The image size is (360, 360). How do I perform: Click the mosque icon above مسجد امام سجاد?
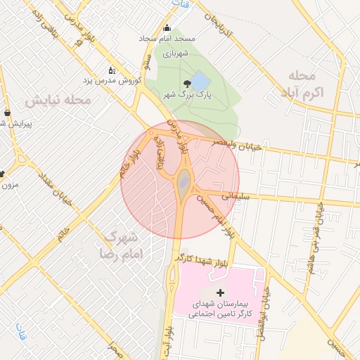coord(167,28)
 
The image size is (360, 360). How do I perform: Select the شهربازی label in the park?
coord(172,53)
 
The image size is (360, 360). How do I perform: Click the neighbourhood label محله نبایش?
coord(59,101)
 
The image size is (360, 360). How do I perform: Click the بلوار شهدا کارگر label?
coord(204,260)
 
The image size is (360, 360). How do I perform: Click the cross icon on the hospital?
coord(220,292)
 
